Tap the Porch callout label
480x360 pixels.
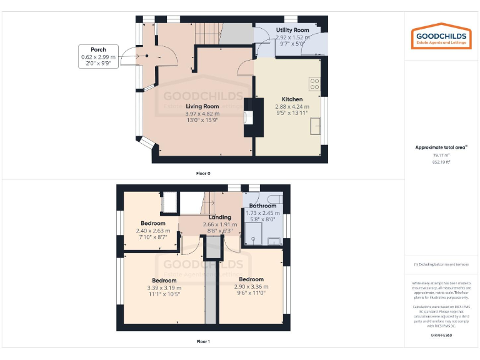tap(98, 56)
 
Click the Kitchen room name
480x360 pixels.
tap(292, 99)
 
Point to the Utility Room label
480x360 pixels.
tap(292, 30)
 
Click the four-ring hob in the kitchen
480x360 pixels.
tap(314, 83)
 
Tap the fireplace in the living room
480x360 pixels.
tap(249, 117)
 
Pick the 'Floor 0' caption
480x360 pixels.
tap(202, 173)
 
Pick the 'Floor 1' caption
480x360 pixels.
tap(202, 341)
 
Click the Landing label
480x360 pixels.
tap(219, 217)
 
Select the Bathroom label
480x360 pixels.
tap(262, 206)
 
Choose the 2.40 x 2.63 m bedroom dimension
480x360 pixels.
tap(153, 230)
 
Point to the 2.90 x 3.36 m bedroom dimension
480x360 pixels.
tap(251, 287)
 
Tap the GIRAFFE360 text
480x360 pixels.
tap(441, 336)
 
